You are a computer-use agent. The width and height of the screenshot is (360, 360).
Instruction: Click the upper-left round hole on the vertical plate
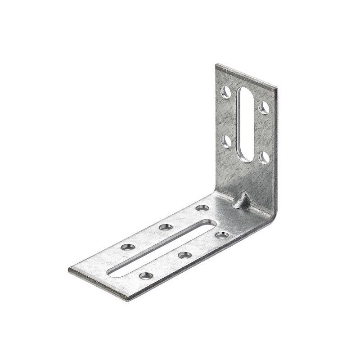click(226, 92)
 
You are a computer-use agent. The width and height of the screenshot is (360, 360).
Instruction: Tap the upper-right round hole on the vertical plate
click(264, 107)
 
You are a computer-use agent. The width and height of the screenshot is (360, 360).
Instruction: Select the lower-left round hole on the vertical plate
click(226, 141)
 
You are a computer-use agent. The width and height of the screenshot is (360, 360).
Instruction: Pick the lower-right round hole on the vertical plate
click(264, 157)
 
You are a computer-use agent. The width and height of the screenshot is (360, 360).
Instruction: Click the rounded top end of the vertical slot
click(245, 91)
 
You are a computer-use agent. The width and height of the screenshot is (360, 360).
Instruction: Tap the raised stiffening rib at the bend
click(242, 201)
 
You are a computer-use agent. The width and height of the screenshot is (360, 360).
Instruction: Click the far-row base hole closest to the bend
click(202, 207)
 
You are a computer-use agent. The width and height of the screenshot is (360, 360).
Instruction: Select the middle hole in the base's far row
click(166, 227)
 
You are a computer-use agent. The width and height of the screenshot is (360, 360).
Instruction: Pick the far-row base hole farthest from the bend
click(128, 247)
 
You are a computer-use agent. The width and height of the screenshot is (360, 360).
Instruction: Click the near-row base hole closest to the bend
click(221, 235)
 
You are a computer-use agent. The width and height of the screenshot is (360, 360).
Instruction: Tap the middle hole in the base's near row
click(184, 255)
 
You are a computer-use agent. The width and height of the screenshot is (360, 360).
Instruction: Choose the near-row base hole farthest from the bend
click(146, 275)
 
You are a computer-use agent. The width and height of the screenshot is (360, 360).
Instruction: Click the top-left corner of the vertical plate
click(216, 65)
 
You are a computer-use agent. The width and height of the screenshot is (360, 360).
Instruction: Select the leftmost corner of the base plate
click(69, 270)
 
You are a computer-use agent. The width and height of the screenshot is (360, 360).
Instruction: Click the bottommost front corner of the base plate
click(129, 299)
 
